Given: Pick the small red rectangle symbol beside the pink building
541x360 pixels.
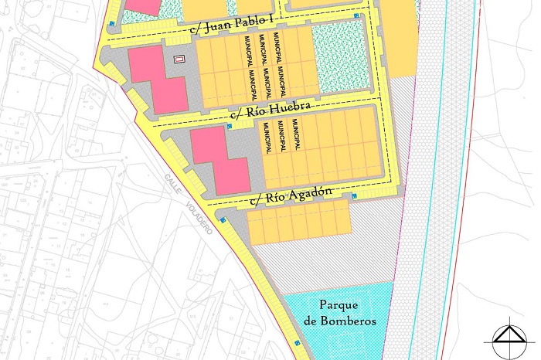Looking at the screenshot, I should pyautogui.click(x=180, y=59).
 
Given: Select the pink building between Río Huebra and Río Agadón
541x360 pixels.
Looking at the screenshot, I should pyautogui.click(x=220, y=159).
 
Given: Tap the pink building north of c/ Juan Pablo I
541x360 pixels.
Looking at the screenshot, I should pyautogui.click(x=143, y=5).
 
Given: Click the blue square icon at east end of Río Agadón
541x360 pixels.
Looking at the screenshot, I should pyautogui.click(x=354, y=196).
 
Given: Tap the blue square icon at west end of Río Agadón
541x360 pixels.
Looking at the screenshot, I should pyautogui.click(x=222, y=221).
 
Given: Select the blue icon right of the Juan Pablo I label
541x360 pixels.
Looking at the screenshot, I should pyautogui.click(x=356, y=16).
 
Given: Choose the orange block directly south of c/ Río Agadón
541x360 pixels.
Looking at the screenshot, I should pyautogui.click(x=294, y=223).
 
